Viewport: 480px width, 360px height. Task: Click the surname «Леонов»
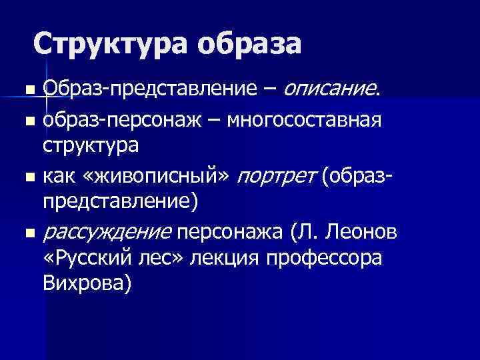pyautogui.click(x=361, y=233)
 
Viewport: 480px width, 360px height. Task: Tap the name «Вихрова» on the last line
pyautogui.click(x=87, y=283)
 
